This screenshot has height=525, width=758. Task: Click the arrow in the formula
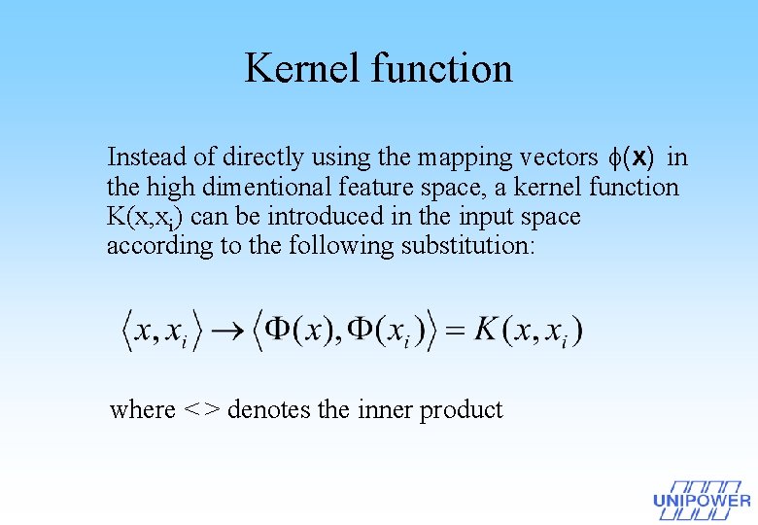coord(230,332)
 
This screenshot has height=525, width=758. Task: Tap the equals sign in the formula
coord(455,331)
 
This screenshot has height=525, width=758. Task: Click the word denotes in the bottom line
coord(268,409)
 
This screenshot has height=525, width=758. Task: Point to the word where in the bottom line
coord(142,409)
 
